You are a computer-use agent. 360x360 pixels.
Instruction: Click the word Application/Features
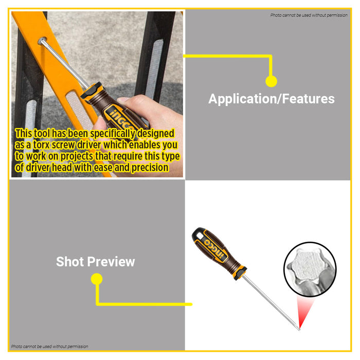click(272, 99)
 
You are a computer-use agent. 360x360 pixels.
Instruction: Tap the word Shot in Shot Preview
click(69, 261)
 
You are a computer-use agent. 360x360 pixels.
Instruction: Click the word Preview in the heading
click(111, 262)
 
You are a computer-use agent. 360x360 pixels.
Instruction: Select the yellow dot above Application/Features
click(271, 81)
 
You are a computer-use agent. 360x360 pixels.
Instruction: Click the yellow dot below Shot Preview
click(97, 279)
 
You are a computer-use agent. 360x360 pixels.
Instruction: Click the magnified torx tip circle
click(310, 268)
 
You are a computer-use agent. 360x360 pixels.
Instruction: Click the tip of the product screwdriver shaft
click(299, 330)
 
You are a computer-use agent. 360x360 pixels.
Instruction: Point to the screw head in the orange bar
click(42, 41)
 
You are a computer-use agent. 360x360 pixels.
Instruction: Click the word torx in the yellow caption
click(41, 145)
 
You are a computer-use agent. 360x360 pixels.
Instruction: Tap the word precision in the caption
click(150, 168)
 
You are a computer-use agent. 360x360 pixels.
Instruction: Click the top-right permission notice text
click(309, 15)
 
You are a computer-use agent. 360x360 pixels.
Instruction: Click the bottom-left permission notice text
click(49, 347)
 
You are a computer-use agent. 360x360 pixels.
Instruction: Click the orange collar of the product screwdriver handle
click(240, 273)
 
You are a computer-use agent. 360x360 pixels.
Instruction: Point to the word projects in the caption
click(77, 156)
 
